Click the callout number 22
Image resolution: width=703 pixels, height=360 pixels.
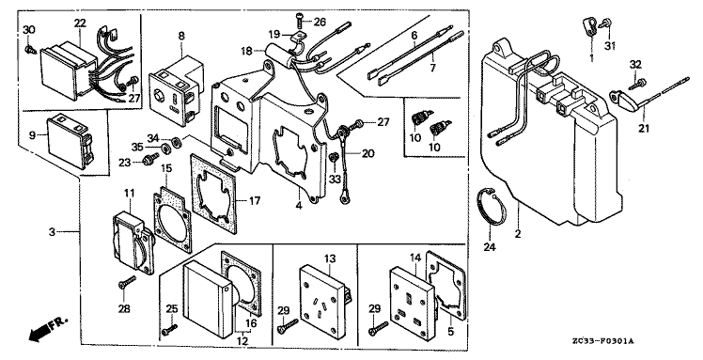point(80,23)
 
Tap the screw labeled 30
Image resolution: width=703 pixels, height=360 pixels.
point(30,49)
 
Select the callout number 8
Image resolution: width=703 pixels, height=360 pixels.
point(181,36)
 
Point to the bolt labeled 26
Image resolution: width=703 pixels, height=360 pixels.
point(300,19)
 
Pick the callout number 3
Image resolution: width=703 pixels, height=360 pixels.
point(53,232)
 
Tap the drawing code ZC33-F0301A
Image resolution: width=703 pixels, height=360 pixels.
point(601,341)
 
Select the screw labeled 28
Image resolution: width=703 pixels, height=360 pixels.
point(127,282)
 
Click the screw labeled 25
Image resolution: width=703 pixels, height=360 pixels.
point(171,329)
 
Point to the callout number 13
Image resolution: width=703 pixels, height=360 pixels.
point(330,258)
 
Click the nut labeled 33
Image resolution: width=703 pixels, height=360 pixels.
point(334,158)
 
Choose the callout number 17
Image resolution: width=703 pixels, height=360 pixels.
point(254,200)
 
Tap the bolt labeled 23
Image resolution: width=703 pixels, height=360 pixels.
point(149,158)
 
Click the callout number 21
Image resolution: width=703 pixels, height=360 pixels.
point(644,130)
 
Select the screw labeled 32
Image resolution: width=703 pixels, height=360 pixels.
point(639,84)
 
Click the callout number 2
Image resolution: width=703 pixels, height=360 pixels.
point(518,233)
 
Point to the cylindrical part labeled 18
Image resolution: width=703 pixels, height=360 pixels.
point(278,54)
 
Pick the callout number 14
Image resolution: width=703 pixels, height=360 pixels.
point(415,258)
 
